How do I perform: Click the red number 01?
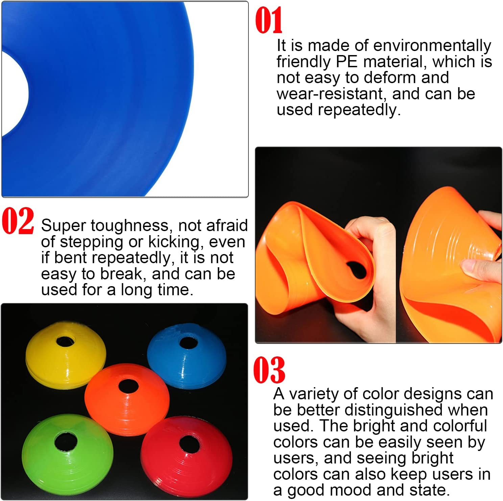tap(269, 21)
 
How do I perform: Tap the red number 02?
tap(18, 221)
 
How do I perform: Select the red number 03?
tap(269, 370)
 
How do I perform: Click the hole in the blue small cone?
tap(188, 342)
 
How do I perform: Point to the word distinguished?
tap(393, 410)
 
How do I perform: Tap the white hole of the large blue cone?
tap(14, 95)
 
